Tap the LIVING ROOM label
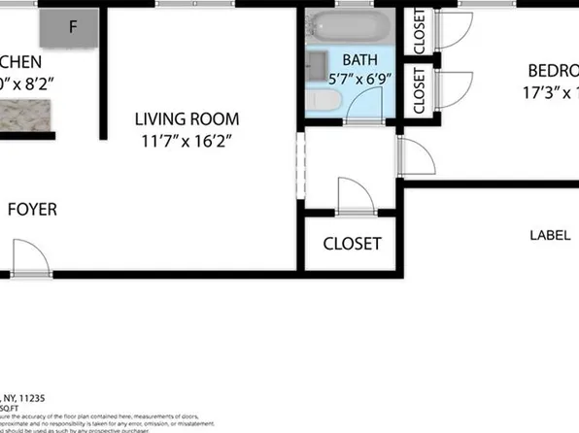(187, 119)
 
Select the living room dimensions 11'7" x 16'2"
(187, 140)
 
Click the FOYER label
(32, 209)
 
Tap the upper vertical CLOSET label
(420, 30)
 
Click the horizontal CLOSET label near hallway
(352, 244)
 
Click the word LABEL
(550, 235)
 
